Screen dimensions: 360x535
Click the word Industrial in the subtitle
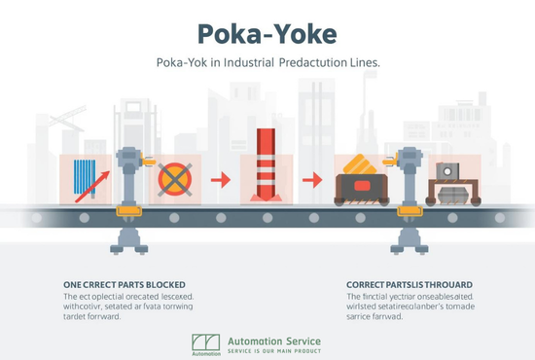[x=247, y=63]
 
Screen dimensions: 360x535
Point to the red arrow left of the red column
[x=221, y=179]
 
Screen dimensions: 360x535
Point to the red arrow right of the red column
[x=311, y=179]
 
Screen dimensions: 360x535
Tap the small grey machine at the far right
[x=448, y=181]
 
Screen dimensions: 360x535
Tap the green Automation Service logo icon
[x=205, y=343]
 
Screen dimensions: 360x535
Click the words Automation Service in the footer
[x=273, y=341]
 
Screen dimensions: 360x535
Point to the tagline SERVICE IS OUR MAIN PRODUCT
[x=273, y=351]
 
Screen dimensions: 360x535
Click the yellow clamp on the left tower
[x=127, y=209]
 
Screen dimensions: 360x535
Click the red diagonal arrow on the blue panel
[x=89, y=184]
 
